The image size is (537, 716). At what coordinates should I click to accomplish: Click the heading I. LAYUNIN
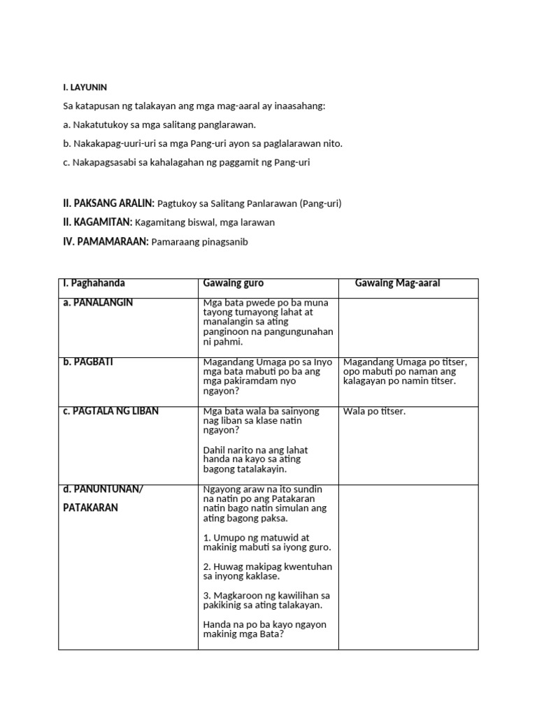pyautogui.click(x=85, y=87)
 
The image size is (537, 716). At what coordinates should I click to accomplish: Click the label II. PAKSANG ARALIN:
pyautogui.click(x=108, y=203)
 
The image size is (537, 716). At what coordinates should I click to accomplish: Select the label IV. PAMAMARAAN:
pyautogui.click(x=105, y=241)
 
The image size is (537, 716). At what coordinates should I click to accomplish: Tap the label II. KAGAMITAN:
pyautogui.click(x=99, y=222)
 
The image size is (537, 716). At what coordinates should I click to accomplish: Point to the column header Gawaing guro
pyautogui.click(x=234, y=283)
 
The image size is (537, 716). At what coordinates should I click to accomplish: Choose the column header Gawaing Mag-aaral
pyautogui.click(x=398, y=283)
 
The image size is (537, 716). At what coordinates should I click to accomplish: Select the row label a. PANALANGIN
pyautogui.click(x=98, y=303)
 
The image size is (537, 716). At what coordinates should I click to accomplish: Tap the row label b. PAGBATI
pyautogui.click(x=88, y=361)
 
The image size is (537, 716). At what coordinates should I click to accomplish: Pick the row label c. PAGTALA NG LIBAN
pyautogui.click(x=111, y=410)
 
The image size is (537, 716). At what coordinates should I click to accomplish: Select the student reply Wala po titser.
pyautogui.click(x=374, y=411)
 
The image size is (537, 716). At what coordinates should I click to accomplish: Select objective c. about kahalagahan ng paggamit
pyautogui.click(x=185, y=162)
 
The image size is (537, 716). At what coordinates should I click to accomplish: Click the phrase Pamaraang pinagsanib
pyautogui.click(x=203, y=242)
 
